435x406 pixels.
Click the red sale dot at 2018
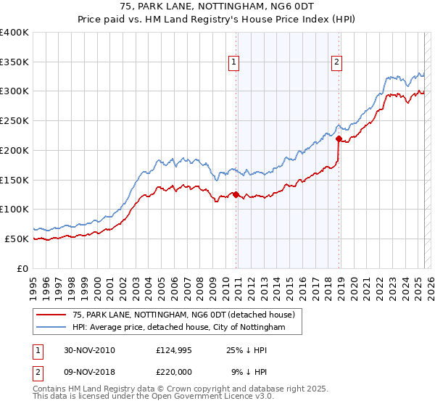point(339,137)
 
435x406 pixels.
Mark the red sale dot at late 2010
point(236,194)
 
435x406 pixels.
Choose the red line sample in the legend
point(51,315)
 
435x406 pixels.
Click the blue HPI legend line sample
point(51,328)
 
